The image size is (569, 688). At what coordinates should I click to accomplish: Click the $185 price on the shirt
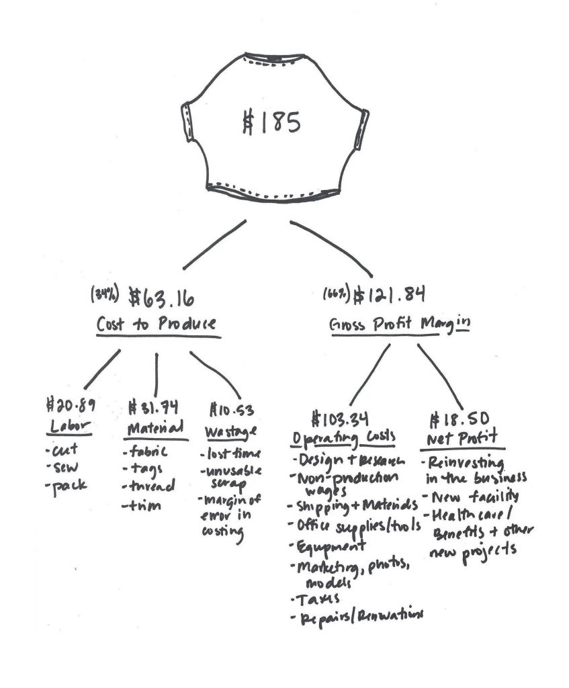click(270, 123)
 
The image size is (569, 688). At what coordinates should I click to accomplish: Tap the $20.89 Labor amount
click(71, 406)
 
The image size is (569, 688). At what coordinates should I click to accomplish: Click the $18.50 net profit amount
click(455, 421)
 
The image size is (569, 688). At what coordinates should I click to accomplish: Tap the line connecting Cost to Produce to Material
click(157, 373)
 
